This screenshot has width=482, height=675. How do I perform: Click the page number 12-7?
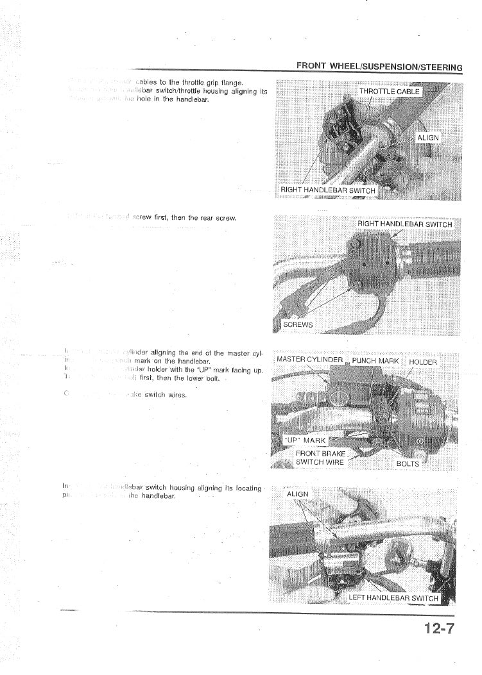click(x=438, y=628)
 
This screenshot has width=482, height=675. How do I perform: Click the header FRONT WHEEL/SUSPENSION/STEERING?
click(x=379, y=67)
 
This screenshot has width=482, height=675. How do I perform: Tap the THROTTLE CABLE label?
click(x=389, y=92)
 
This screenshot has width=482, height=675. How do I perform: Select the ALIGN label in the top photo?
click(x=428, y=138)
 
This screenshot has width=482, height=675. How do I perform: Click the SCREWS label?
click(x=298, y=325)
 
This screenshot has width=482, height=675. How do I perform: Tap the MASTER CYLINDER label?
click(x=309, y=360)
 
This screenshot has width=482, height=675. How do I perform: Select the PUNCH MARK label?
click(x=375, y=361)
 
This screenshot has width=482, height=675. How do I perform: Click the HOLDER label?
click(x=422, y=362)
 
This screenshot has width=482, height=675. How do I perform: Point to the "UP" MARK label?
click(x=305, y=440)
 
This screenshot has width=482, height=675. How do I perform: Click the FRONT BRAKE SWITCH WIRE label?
click(x=320, y=458)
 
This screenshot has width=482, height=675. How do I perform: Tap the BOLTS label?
click(x=408, y=463)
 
